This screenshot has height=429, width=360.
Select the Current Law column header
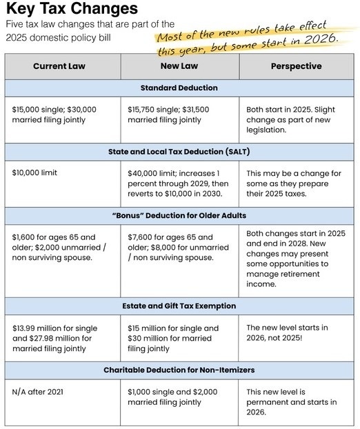63,66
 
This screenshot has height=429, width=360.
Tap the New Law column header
179,66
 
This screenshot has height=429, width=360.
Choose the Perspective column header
296,66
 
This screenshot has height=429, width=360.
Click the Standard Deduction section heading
179,88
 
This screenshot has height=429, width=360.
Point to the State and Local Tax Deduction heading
179,151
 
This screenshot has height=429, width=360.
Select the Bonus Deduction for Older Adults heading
179,215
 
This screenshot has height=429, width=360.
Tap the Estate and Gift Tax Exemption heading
179,306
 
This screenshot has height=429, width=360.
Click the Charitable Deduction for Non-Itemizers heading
179,370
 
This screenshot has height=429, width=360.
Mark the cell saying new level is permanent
292,402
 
